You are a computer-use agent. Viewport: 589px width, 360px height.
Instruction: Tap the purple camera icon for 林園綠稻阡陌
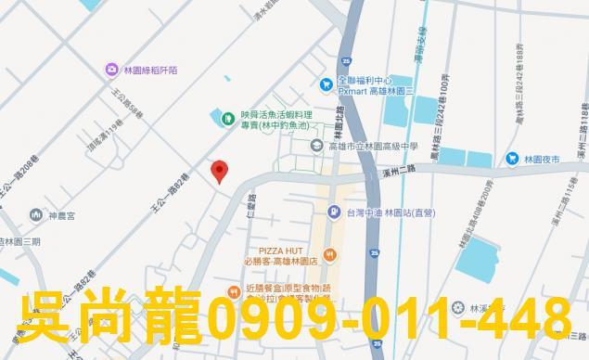111,69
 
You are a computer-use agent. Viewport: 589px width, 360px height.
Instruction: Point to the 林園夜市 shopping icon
512,159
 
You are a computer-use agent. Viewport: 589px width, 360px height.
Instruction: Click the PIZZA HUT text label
283,251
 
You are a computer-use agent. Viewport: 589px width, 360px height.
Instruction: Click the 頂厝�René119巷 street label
104,136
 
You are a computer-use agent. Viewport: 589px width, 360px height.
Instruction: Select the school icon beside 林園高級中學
316,146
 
